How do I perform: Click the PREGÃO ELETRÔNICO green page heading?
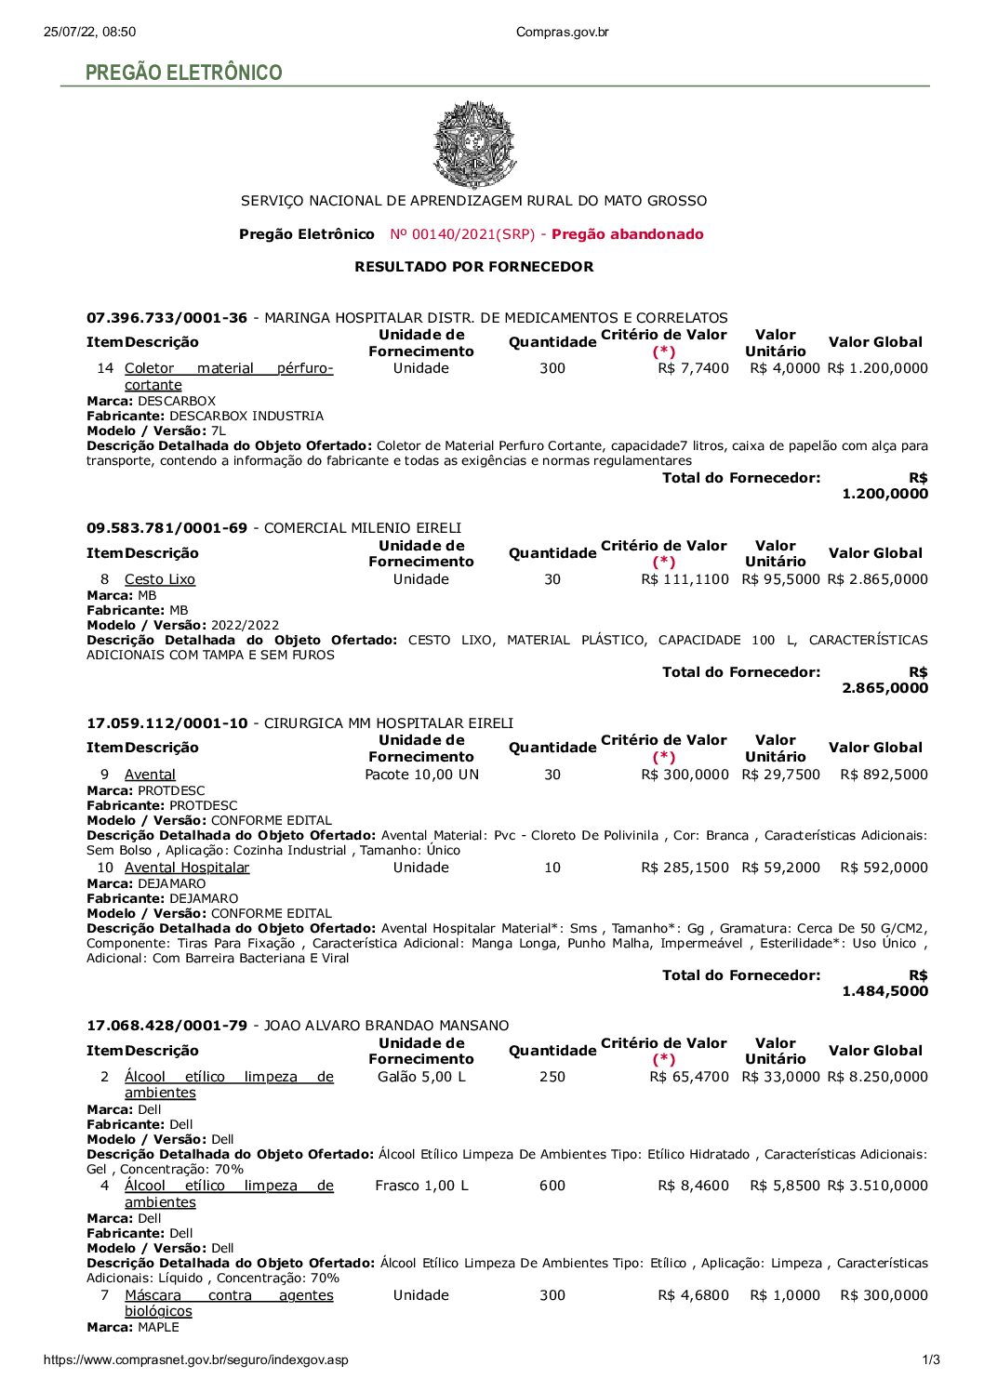pos(183,73)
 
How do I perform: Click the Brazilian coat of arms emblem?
pos(474,145)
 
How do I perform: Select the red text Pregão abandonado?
pos(627,234)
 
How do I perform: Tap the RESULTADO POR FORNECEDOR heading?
pos(473,267)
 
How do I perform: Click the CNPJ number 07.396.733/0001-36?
pos(167,318)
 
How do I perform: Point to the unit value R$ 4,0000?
pos(785,368)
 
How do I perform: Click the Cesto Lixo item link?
pos(160,579)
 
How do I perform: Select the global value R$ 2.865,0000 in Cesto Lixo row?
pos(877,579)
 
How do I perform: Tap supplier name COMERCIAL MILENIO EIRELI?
pos(363,528)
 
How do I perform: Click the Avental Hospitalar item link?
pos(187,868)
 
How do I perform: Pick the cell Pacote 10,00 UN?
pos(421,775)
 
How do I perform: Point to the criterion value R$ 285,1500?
pos(685,868)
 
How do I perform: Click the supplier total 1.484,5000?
pos(884,991)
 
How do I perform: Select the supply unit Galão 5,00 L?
pos(421,1077)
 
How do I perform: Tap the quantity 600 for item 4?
pos(552,1186)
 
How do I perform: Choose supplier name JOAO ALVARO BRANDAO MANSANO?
pos(387,1026)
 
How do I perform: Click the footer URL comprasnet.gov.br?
pos(196,1359)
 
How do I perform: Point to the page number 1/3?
pos(930,1359)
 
